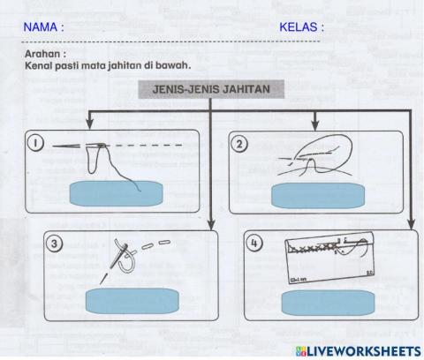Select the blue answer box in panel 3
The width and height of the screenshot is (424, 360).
(131, 302)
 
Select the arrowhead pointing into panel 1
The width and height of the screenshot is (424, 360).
(91, 126)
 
